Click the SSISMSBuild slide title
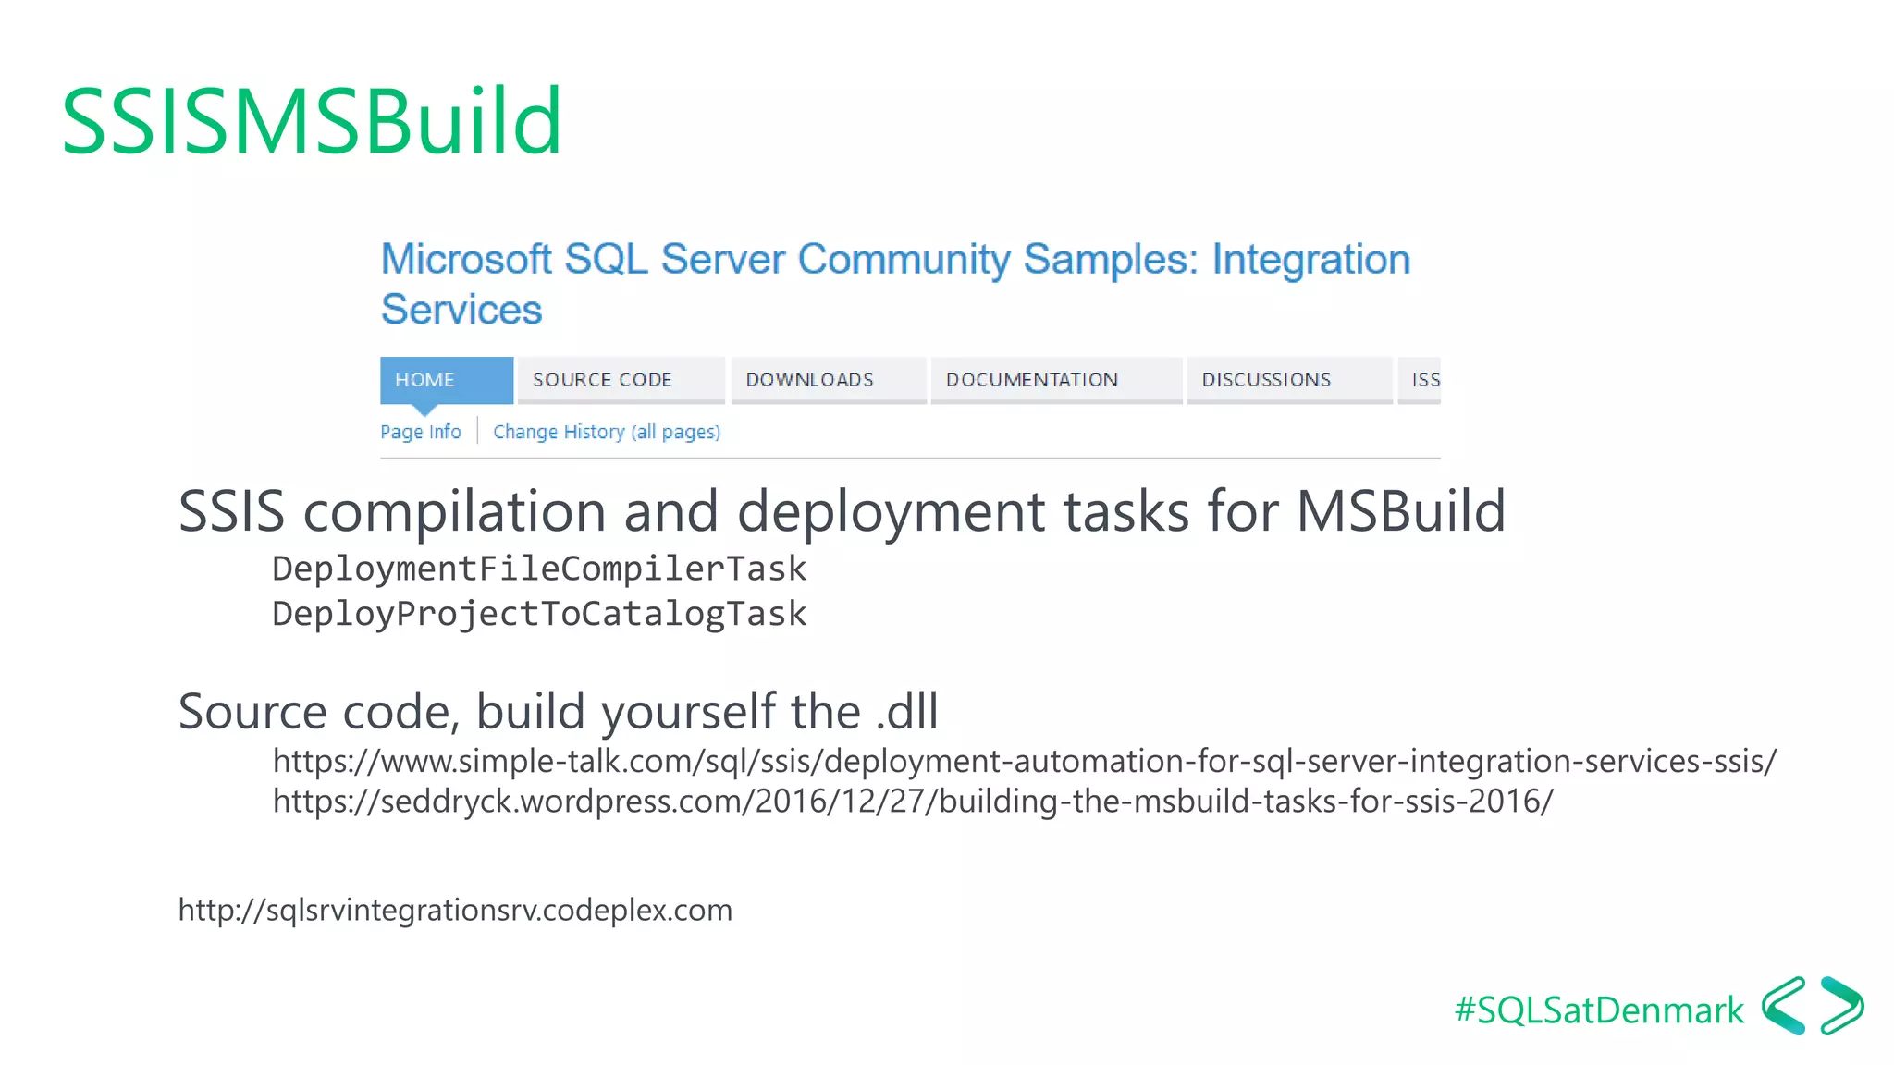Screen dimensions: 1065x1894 (x=312, y=121)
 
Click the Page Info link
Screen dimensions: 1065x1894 (x=421, y=432)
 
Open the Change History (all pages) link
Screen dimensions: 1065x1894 (x=607, y=432)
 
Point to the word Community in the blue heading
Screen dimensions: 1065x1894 (x=904, y=260)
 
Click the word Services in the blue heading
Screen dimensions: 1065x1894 (x=461, y=310)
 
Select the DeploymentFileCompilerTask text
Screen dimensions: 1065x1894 (x=539, y=569)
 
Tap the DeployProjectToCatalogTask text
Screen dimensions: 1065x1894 (x=539, y=614)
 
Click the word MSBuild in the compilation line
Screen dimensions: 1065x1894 (x=1400, y=511)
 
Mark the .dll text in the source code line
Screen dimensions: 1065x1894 (x=906, y=711)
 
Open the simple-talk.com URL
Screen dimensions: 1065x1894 (x=1024, y=761)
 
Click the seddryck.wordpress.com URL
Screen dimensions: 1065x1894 (x=912, y=801)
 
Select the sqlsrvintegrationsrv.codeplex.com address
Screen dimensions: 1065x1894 (x=455, y=910)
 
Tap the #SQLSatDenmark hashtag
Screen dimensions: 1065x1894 (x=1599, y=1010)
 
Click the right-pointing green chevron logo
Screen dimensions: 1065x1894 (x=1842, y=1006)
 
